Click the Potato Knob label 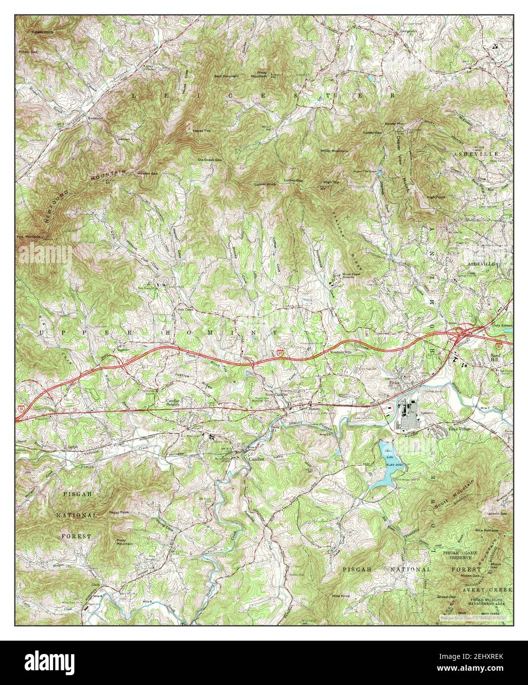pyautogui.click(x=42, y=33)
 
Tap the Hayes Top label pyautogui.click(x=201, y=131)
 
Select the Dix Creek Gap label pyautogui.click(x=210, y=160)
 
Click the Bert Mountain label pyautogui.click(x=226, y=76)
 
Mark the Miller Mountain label pyautogui.click(x=334, y=150)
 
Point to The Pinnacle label pyautogui.click(x=27, y=237)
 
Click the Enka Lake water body pyautogui.click(x=386, y=466)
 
